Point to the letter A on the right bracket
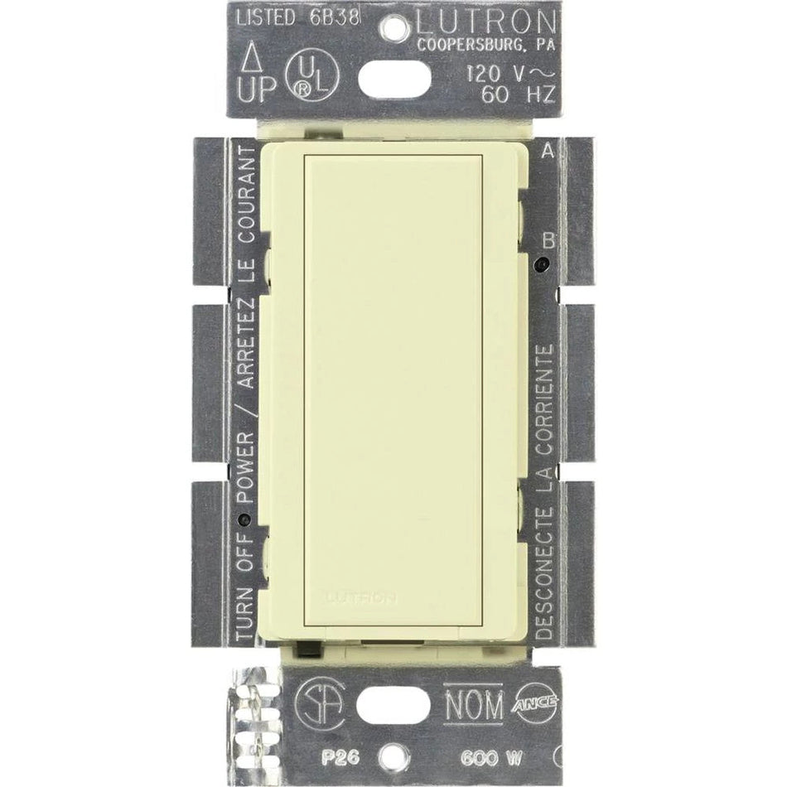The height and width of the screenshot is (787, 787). pos(547,152)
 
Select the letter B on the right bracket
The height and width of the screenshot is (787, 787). pos(547,241)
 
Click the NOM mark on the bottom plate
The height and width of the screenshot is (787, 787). pos(473,707)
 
